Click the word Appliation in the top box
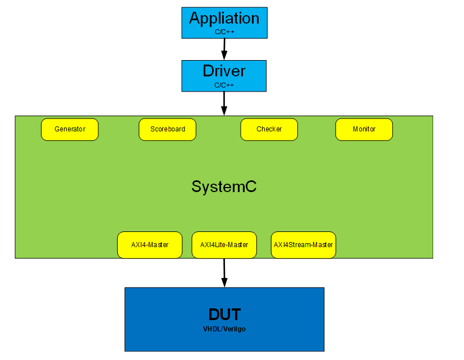click(224, 19)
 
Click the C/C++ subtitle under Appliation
click(224, 32)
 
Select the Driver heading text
click(224, 71)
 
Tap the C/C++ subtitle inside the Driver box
click(224, 85)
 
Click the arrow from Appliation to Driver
click(224, 48)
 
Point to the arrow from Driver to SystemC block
click(224, 102)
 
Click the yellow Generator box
click(70, 129)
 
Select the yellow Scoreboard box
click(167, 129)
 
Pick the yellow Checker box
click(269, 129)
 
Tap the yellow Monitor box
click(364, 129)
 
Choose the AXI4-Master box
click(149, 245)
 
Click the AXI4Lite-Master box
click(224, 245)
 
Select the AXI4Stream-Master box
click(303, 245)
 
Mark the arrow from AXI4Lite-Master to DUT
click(224, 272)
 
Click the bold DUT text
click(224, 315)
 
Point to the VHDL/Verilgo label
click(224, 329)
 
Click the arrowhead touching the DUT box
click(224, 282)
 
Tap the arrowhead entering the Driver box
click(224, 56)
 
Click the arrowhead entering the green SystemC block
click(224, 111)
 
